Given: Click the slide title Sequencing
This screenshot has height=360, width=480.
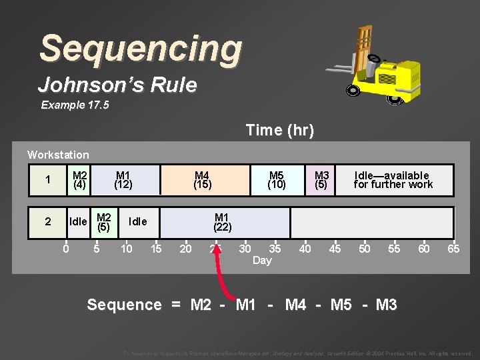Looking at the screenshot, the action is click(x=141, y=49).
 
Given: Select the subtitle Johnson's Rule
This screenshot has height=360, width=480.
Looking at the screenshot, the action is click(x=117, y=85).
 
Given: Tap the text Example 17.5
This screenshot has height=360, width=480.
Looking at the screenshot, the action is click(x=72, y=105).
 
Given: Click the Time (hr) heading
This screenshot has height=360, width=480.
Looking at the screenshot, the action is click(x=279, y=130).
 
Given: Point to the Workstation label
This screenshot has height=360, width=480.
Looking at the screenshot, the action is click(x=58, y=155).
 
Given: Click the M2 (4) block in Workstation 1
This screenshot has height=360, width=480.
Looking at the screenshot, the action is click(x=80, y=180).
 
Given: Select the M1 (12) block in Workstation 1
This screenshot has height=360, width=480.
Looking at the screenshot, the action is click(x=123, y=180).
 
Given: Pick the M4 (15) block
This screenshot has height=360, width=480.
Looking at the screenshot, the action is click(x=203, y=180).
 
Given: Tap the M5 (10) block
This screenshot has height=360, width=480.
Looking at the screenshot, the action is click(x=277, y=180).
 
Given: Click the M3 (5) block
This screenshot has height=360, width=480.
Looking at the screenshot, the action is click(x=322, y=180).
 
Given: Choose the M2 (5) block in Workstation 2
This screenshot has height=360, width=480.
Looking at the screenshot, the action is click(x=103, y=222).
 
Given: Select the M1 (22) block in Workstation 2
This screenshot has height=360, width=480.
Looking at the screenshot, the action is click(x=222, y=222).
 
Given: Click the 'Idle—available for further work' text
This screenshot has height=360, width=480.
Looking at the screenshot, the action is click(x=393, y=180).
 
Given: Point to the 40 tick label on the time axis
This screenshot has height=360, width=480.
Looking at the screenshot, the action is click(x=305, y=249).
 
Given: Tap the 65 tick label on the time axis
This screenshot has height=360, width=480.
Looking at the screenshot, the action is click(x=453, y=249).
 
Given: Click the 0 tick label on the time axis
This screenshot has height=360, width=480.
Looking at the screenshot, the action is click(x=65, y=249).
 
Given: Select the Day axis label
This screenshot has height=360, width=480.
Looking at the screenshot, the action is click(x=262, y=261).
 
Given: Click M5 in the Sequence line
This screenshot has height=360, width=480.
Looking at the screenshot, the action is click(x=341, y=305).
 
